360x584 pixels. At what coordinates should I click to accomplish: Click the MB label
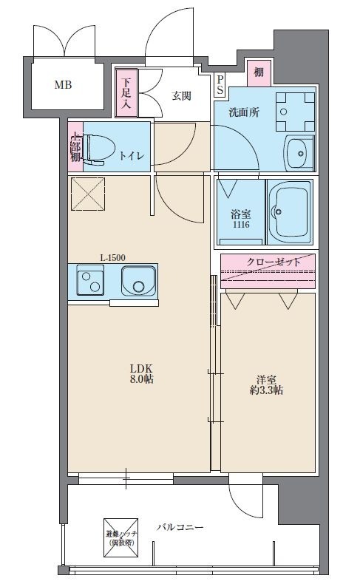(63, 85)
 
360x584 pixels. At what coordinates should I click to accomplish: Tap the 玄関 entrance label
(181, 96)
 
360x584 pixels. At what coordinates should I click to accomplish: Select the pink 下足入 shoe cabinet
(126, 92)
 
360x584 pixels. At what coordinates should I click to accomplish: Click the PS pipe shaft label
(220, 84)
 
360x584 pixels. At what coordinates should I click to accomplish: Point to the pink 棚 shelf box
(259, 72)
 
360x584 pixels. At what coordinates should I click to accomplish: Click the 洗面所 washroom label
(244, 112)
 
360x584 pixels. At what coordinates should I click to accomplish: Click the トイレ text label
(131, 156)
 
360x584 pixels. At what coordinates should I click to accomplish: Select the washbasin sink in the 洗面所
(299, 153)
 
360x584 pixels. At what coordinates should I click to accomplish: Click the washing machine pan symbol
(295, 112)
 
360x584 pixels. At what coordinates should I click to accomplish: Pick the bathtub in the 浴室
(289, 213)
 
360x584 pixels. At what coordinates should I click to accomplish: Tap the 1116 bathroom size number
(241, 225)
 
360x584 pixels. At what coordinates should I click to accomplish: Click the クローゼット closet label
(274, 262)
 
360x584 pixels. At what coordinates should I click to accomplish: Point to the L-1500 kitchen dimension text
(113, 257)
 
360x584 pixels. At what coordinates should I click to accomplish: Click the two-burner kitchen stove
(90, 279)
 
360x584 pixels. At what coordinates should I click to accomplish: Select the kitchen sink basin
(138, 281)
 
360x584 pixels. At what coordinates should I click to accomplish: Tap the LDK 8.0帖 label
(141, 374)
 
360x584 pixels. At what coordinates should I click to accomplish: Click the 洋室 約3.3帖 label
(266, 385)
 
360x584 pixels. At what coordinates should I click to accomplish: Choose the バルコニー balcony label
(180, 527)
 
